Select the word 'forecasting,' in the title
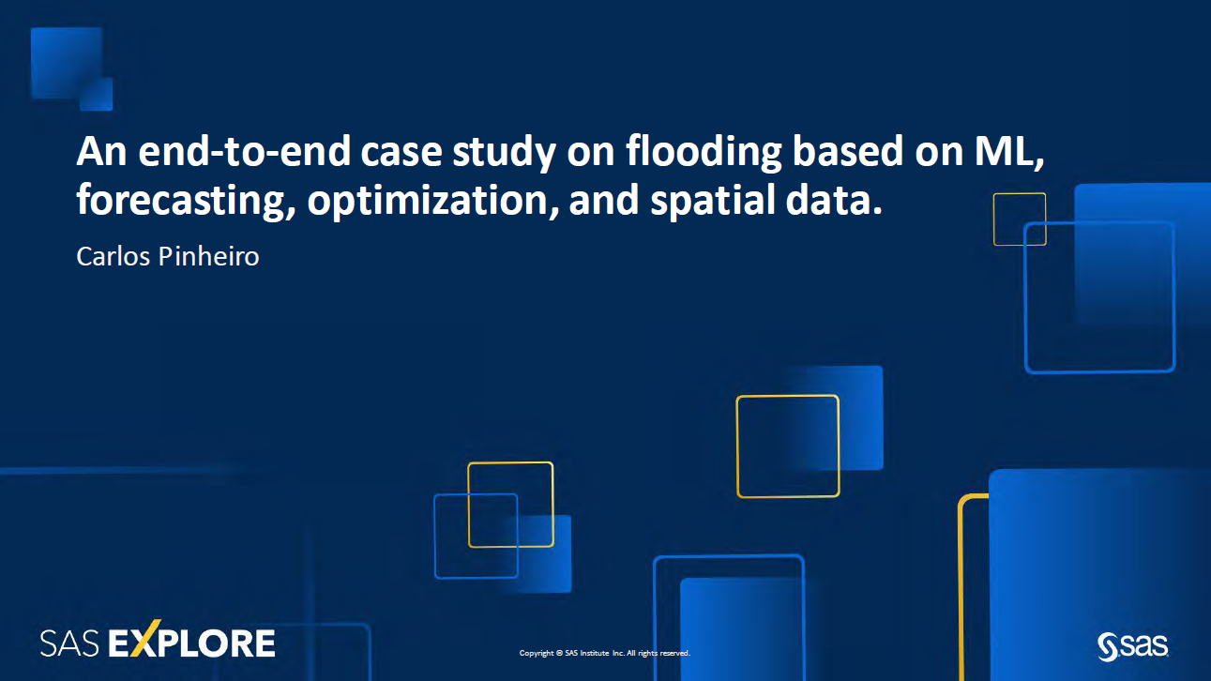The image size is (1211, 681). click(185, 202)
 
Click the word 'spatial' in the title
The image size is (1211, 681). click(710, 202)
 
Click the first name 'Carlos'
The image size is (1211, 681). click(110, 256)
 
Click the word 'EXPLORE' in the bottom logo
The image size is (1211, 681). click(192, 643)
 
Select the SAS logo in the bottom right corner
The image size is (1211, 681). click(1132, 645)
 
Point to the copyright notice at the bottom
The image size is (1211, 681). click(605, 653)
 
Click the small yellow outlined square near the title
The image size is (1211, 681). click(1020, 219)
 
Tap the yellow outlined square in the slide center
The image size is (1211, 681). click(787, 446)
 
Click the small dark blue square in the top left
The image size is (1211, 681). click(96, 94)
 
